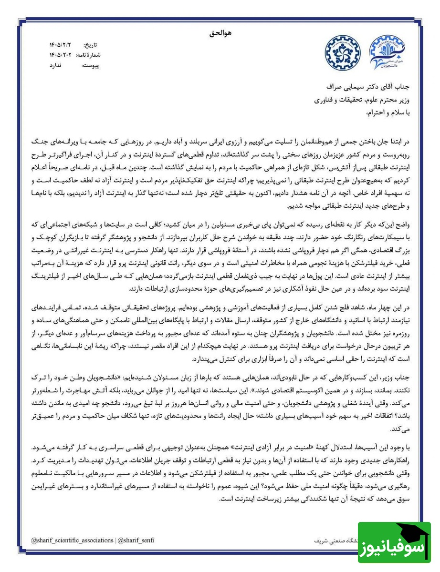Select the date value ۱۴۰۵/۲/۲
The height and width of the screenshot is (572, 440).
pyautogui.click(x=59, y=45)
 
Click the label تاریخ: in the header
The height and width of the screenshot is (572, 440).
pyautogui.click(x=91, y=45)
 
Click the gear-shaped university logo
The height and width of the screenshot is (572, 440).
pyautogui.click(x=343, y=53)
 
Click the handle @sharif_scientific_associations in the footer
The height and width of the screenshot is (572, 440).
pyautogui.click(x=72, y=541)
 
